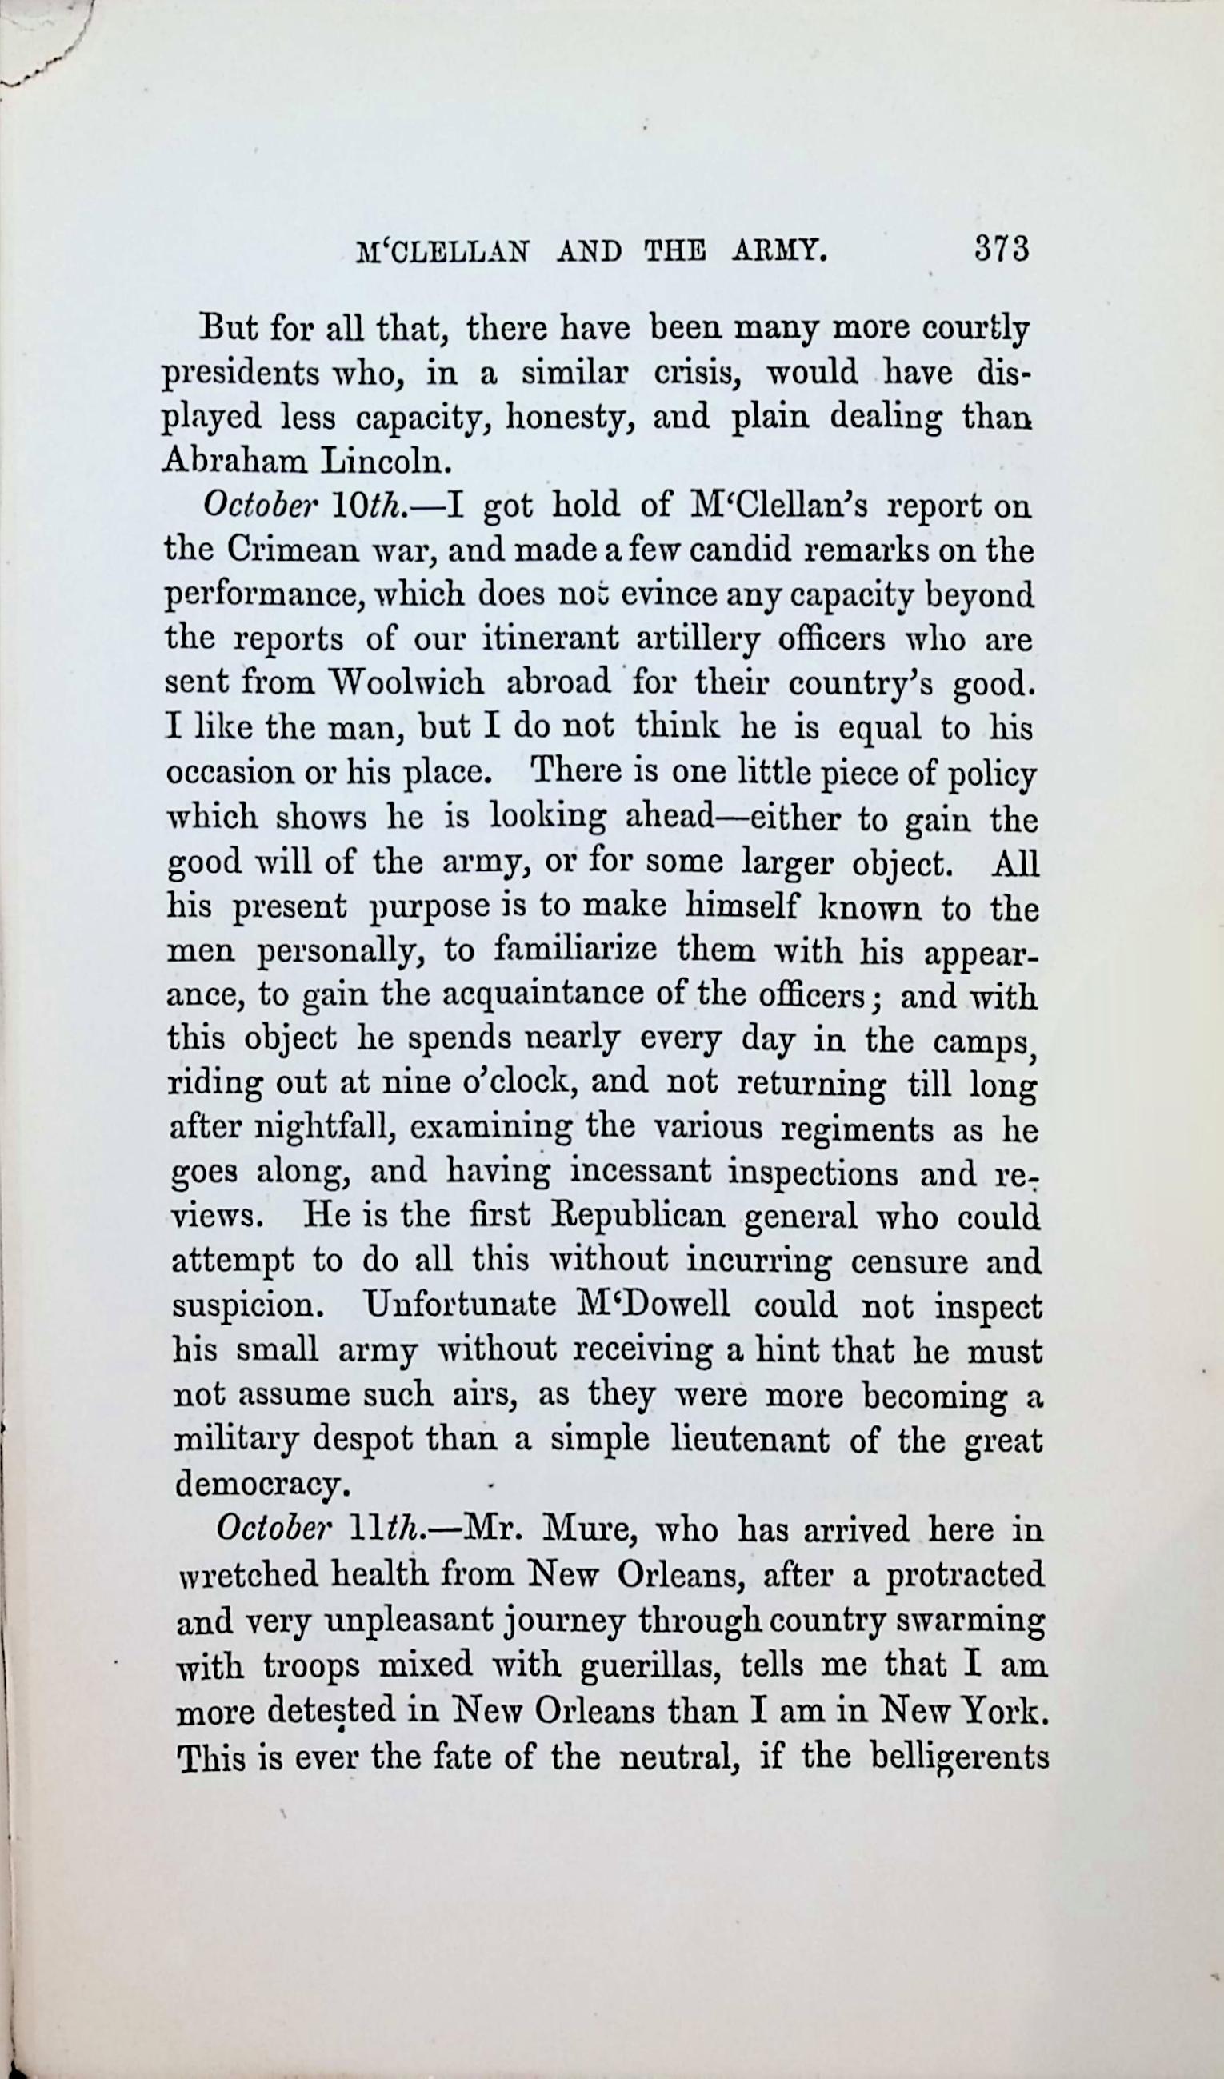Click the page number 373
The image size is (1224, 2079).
(x=1001, y=248)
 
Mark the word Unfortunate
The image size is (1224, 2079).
(x=462, y=1305)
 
